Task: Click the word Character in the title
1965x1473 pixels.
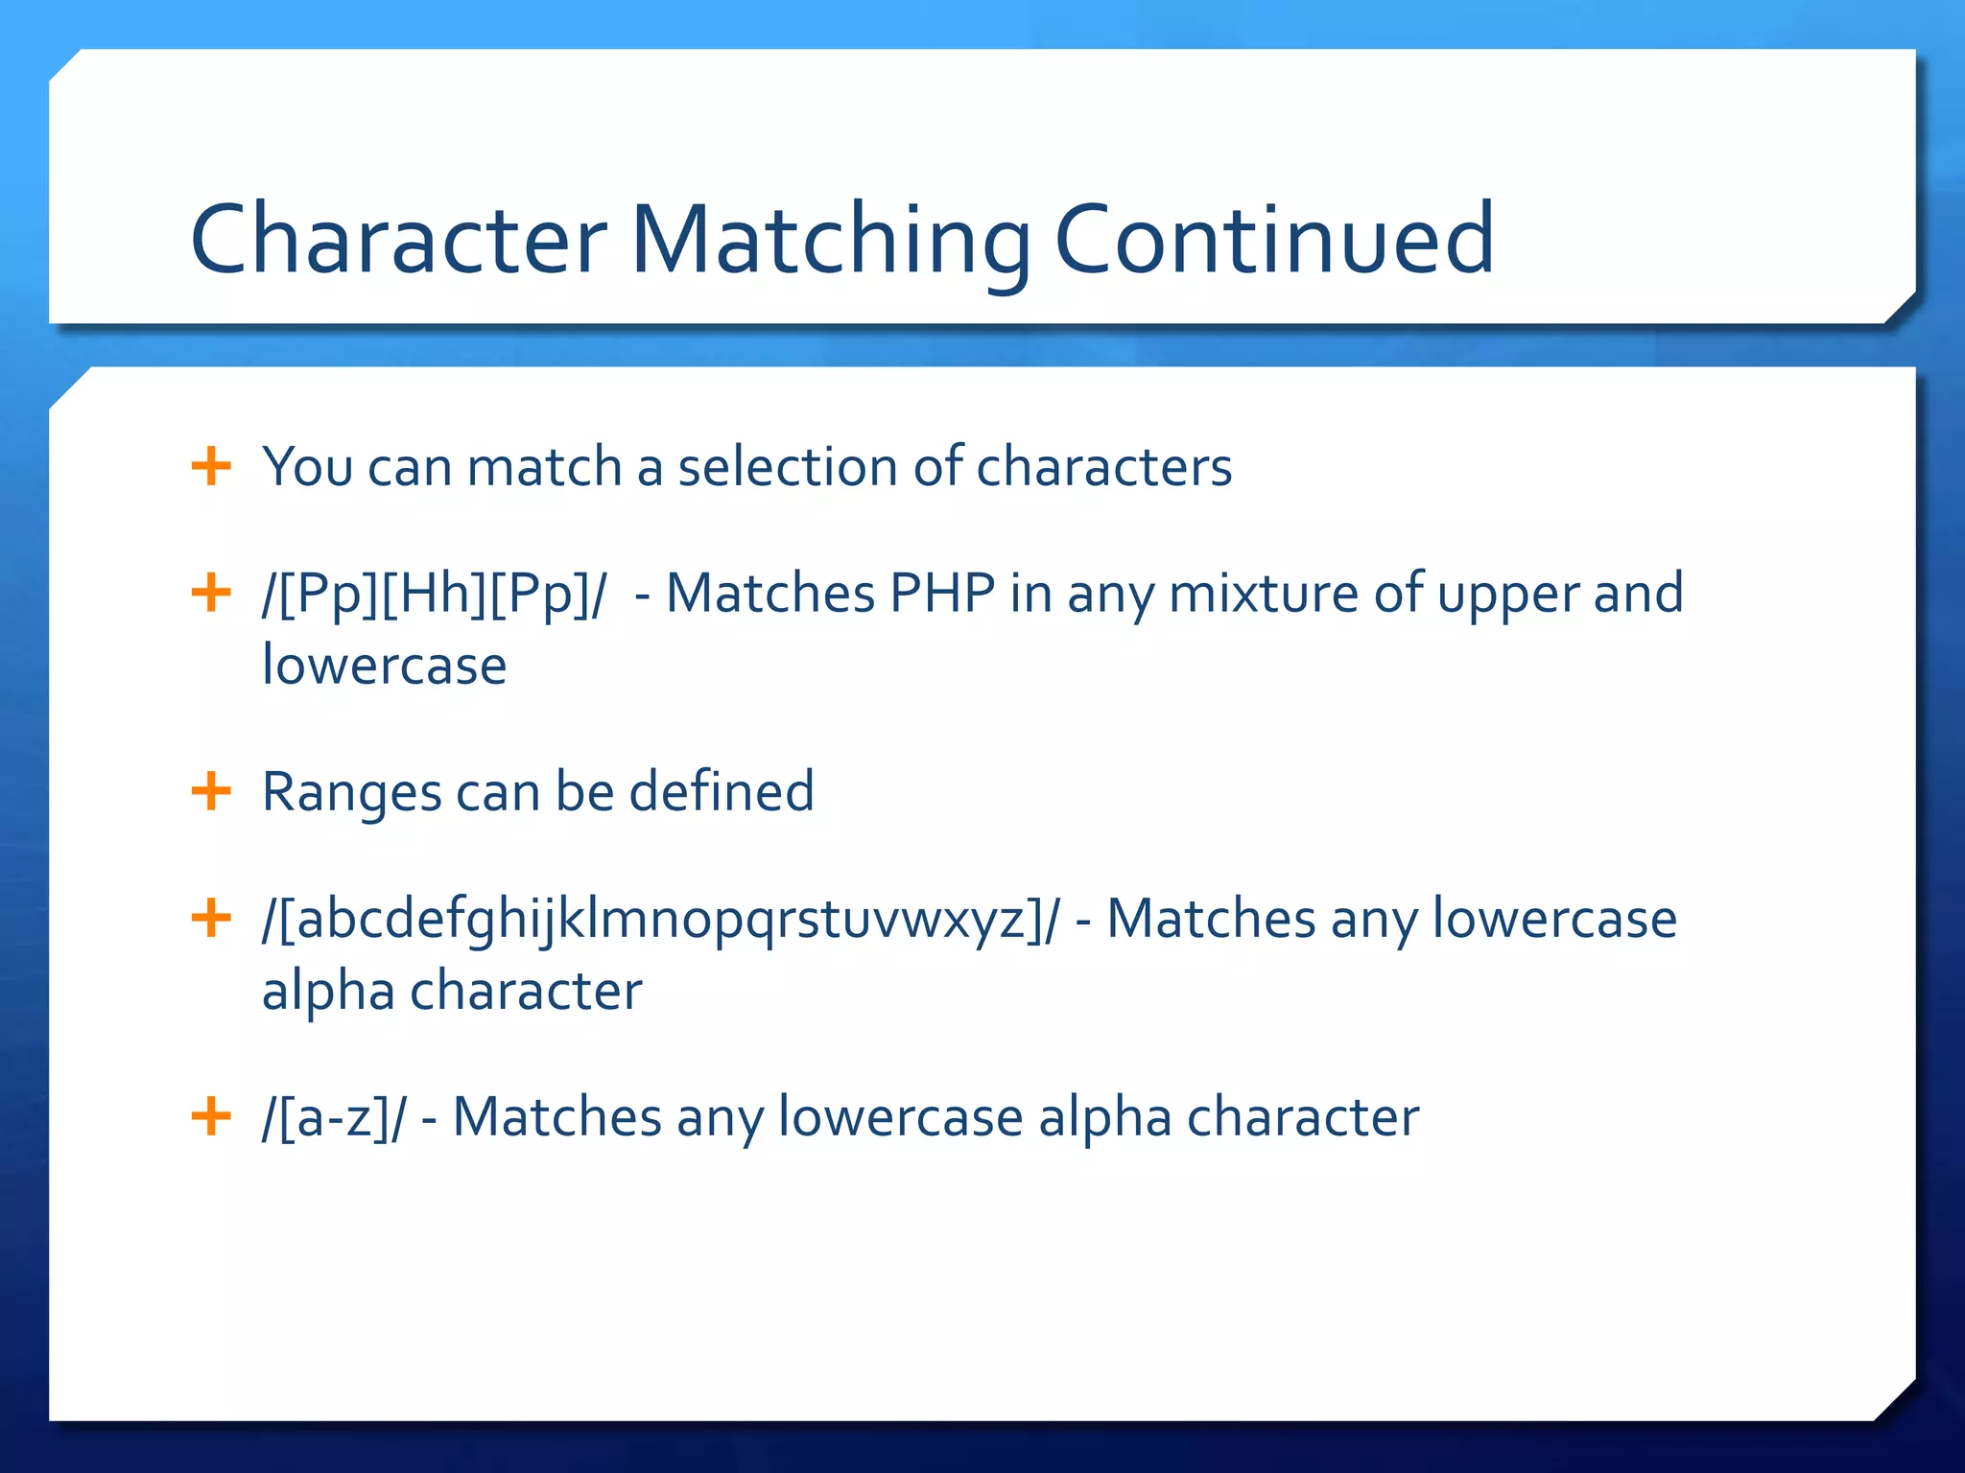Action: click(398, 239)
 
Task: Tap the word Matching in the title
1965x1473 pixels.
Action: click(831, 239)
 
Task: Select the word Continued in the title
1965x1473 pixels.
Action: click(1273, 239)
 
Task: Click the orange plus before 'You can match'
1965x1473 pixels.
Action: click(211, 467)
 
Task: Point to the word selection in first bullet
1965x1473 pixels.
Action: click(788, 467)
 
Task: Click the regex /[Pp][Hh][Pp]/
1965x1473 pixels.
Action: click(434, 594)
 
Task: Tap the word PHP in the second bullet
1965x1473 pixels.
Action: click(942, 594)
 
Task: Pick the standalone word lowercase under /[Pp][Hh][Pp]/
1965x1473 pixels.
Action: click(384, 666)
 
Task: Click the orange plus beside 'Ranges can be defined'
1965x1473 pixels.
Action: click(211, 792)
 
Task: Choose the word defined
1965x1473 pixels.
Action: click(721, 792)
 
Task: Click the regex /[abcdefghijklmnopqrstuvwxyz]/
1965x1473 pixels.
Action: click(661, 920)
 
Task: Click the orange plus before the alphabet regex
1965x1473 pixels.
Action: click(211, 919)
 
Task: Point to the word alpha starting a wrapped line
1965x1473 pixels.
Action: click(327, 992)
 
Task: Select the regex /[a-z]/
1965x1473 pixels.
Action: click(334, 1118)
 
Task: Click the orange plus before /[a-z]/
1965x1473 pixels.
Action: click(211, 1117)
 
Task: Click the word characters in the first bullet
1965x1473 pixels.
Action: click(1103, 467)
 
